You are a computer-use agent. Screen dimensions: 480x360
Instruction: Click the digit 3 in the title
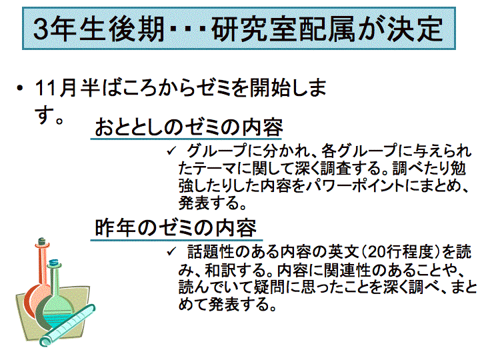41,29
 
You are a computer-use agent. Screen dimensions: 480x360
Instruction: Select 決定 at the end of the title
415,29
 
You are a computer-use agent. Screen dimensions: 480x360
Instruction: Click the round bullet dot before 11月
20,89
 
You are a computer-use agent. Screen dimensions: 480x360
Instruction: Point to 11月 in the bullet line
56,88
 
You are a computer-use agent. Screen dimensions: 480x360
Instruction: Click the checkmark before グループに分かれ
171,150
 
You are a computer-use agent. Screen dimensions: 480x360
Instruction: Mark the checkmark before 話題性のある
171,251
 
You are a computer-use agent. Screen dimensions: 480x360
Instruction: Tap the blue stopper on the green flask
53,263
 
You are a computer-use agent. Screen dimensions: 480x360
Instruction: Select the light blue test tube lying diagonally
67,325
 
